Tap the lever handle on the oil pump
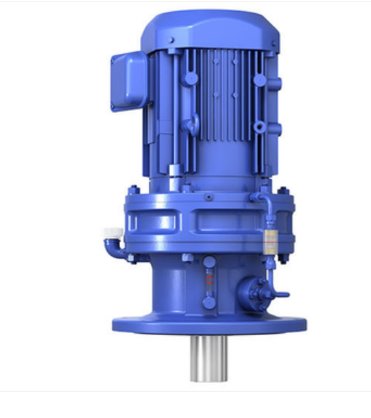click(x=280, y=295)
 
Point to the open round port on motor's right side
click(x=259, y=127)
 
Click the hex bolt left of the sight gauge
click(x=187, y=258)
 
